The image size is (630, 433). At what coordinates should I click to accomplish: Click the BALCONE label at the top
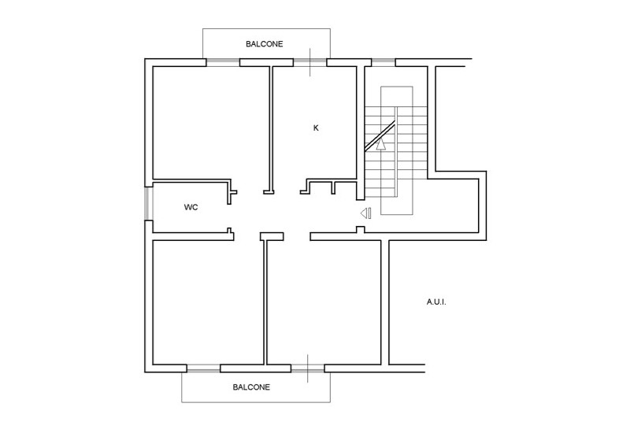[264, 45]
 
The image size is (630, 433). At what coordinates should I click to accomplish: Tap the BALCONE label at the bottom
[251, 387]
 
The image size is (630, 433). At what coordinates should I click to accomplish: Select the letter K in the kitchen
[316, 128]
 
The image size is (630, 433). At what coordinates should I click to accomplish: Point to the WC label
[191, 208]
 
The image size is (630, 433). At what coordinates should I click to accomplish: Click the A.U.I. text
[436, 302]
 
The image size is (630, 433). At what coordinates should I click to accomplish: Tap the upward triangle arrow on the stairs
[381, 144]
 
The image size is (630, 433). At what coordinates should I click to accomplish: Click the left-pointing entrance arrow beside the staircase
[365, 213]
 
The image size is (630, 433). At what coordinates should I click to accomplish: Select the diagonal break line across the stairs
[379, 135]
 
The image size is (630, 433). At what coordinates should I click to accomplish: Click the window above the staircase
[384, 61]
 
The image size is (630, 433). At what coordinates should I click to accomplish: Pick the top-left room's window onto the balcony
[223, 62]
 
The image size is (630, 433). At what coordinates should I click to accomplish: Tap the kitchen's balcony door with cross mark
[310, 62]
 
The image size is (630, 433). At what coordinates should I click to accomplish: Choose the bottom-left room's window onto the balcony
[203, 368]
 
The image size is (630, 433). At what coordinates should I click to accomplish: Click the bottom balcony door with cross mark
[308, 368]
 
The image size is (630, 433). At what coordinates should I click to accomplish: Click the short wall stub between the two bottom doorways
[272, 235]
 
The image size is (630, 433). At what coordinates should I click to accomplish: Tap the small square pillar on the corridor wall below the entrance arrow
[359, 230]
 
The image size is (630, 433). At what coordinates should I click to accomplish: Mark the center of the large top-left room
[209, 122]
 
